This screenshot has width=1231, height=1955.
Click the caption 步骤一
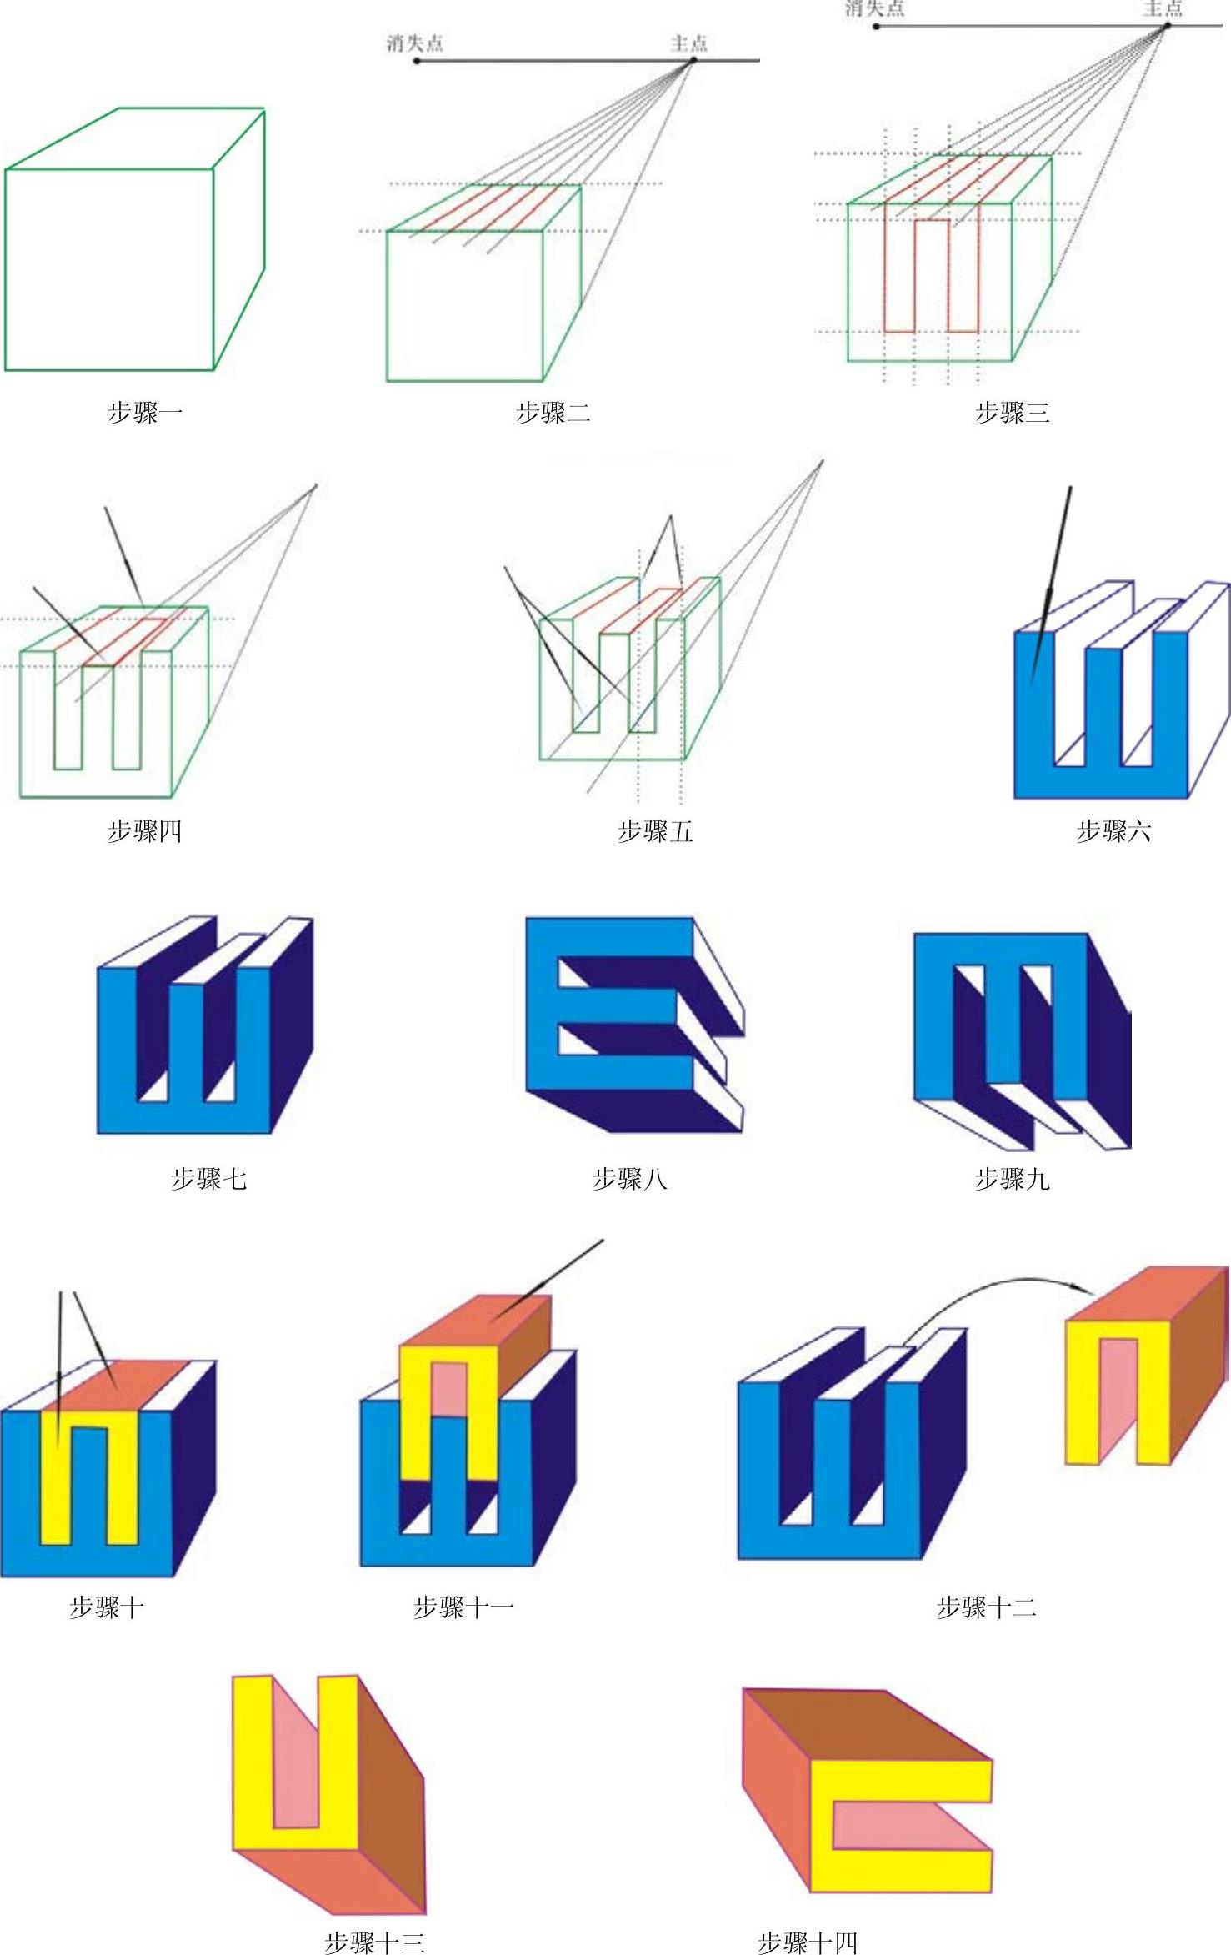pyautogui.click(x=144, y=413)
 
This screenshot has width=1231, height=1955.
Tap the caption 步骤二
pyautogui.click(x=553, y=413)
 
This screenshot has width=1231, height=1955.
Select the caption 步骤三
pyautogui.click(x=1012, y=413)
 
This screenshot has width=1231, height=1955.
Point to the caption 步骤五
pyautogui.click(x=654, y=831)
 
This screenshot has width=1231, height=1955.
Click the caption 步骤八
pyautogui.click(x=629, y=1179)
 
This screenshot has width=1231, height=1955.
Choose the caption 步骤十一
pyautogui.click(x=463, y=1607)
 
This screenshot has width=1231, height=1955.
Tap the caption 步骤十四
pyautogui.click(x=807, y=1942)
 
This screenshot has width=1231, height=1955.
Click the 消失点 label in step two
pyautogui.click(x=414, y=43)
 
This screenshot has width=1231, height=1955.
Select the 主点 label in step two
pyautogui.click(x=688, y=43)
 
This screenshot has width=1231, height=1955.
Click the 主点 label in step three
pyautogui.click(x=1163, y=8)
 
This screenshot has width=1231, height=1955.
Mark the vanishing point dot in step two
pyautogui.click(x=417, y=61)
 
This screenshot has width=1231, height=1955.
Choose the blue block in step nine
pyautogui.click(x=933, y=1025)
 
